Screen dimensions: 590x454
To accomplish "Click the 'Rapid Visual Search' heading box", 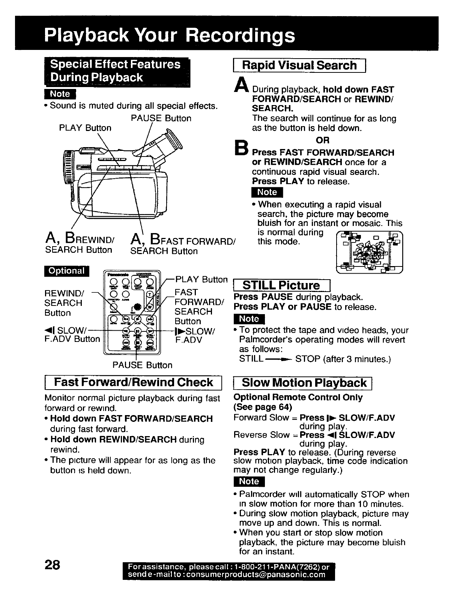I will click(299, 65).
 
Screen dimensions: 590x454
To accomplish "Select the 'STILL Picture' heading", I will click(281, 285).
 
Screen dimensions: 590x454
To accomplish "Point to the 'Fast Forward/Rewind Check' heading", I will click(133, 382).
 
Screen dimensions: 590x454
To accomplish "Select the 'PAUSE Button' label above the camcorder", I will click(161, 118).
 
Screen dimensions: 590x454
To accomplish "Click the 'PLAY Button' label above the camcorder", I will click(85, 128).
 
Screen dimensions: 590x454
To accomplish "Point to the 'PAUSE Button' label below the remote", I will click(142, 365).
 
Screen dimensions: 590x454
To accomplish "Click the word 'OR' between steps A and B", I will click(322, 140).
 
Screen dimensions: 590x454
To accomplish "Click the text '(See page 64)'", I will click(263, 407).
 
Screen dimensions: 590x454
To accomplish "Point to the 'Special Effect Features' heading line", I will click(116, 64).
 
